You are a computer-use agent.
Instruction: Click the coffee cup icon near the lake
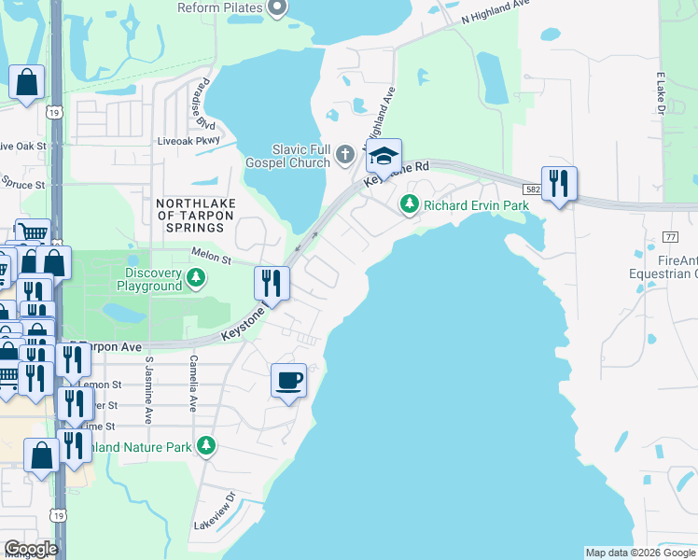(x=288, y=381)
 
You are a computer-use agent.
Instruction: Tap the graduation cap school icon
(x=384, y=157)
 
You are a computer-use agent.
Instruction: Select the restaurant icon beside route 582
(x=559, y=184)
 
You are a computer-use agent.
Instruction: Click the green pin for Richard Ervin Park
(x=409, y=203)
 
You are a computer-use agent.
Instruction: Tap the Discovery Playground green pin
(x=196, y=277)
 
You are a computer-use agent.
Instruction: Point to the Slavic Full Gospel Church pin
(x=345, y=154)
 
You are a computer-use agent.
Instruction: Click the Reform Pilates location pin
(x=276, y=8)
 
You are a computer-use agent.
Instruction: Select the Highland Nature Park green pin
(x=206, y=447)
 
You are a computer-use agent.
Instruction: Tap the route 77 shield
(x=669, y=236)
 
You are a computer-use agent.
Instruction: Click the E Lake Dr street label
(x=661, y=94)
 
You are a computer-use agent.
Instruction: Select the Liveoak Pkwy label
(x=188, y=141)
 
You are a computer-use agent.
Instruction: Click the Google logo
(x=31, y=549)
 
